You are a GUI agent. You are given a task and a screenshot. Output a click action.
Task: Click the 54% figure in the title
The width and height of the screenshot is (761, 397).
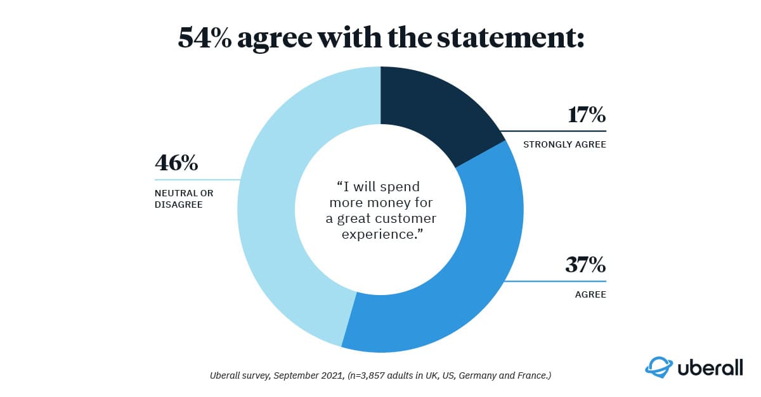(207, 39)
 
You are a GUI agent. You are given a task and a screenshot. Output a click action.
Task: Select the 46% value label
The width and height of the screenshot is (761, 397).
(176, 163)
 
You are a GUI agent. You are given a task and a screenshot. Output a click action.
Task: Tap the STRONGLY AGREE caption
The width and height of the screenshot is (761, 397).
(564, 144)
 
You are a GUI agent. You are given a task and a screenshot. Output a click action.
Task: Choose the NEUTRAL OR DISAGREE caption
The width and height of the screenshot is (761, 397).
(184, 198)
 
